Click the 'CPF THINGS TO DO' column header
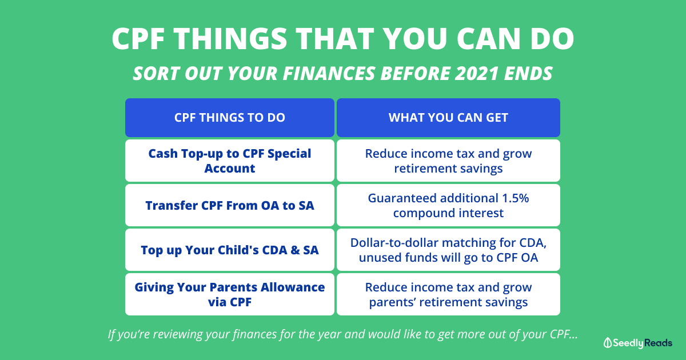pos(230,118)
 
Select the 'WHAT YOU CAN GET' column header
pos(448,118)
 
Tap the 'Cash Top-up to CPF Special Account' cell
pos(230,161)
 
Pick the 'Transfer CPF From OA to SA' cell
pos(230,205)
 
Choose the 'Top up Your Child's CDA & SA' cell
pos(230,250)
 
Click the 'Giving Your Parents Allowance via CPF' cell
pos(230,294)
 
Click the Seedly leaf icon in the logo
pos(607,343)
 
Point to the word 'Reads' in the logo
pos(658,343)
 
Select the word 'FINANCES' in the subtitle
pos(329,74)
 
